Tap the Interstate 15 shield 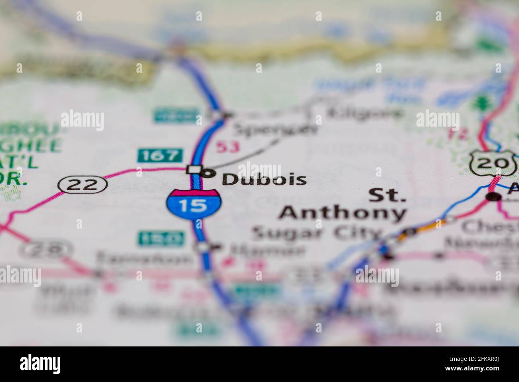194,204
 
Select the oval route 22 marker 83,185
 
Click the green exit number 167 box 160,155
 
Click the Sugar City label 317,233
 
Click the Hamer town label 267,251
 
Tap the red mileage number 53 228,147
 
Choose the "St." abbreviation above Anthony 386,196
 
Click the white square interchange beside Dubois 194,170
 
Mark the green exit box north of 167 176,116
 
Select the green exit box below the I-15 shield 160,239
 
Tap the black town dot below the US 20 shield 494,196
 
